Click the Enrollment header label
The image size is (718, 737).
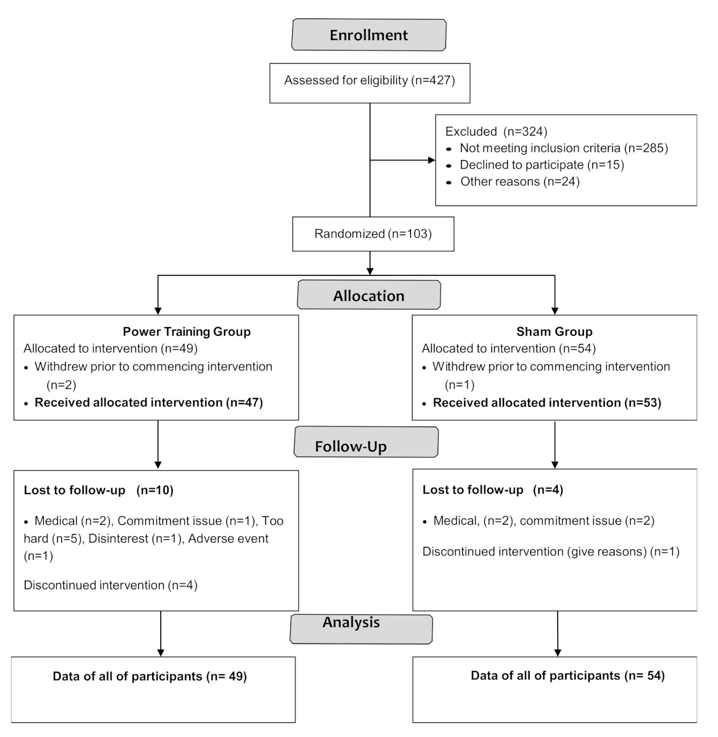tap(369, 35)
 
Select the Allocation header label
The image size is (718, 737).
tap(369, 295)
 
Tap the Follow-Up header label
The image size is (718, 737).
tap(351, 446)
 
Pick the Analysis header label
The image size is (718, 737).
tap(351, 622)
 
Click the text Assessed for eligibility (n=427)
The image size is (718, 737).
tap(369, 80)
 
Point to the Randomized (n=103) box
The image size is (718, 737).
tap(373, 234)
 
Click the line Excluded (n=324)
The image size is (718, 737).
tap(496, 132)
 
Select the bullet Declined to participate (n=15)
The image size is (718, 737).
tap(541, 165)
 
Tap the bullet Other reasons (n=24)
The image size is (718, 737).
tap(519, 182)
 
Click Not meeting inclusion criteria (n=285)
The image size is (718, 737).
tap(564, 148)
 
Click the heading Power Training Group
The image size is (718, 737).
tap(187, 332)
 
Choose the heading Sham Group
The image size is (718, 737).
tap(554, 332)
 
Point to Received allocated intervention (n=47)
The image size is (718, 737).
tap(149, 403)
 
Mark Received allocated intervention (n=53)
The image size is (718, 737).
tap(547, 403)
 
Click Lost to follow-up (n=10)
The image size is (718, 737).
tap(99, 490)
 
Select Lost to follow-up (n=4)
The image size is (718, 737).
tap(493, 490)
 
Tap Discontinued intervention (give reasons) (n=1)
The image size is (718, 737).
tap(550, 551)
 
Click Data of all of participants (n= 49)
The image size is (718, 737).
tap(150, 676)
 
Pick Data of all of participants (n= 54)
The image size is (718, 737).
tap(567, 676)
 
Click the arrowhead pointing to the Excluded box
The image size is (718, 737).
tap(431, 160)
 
